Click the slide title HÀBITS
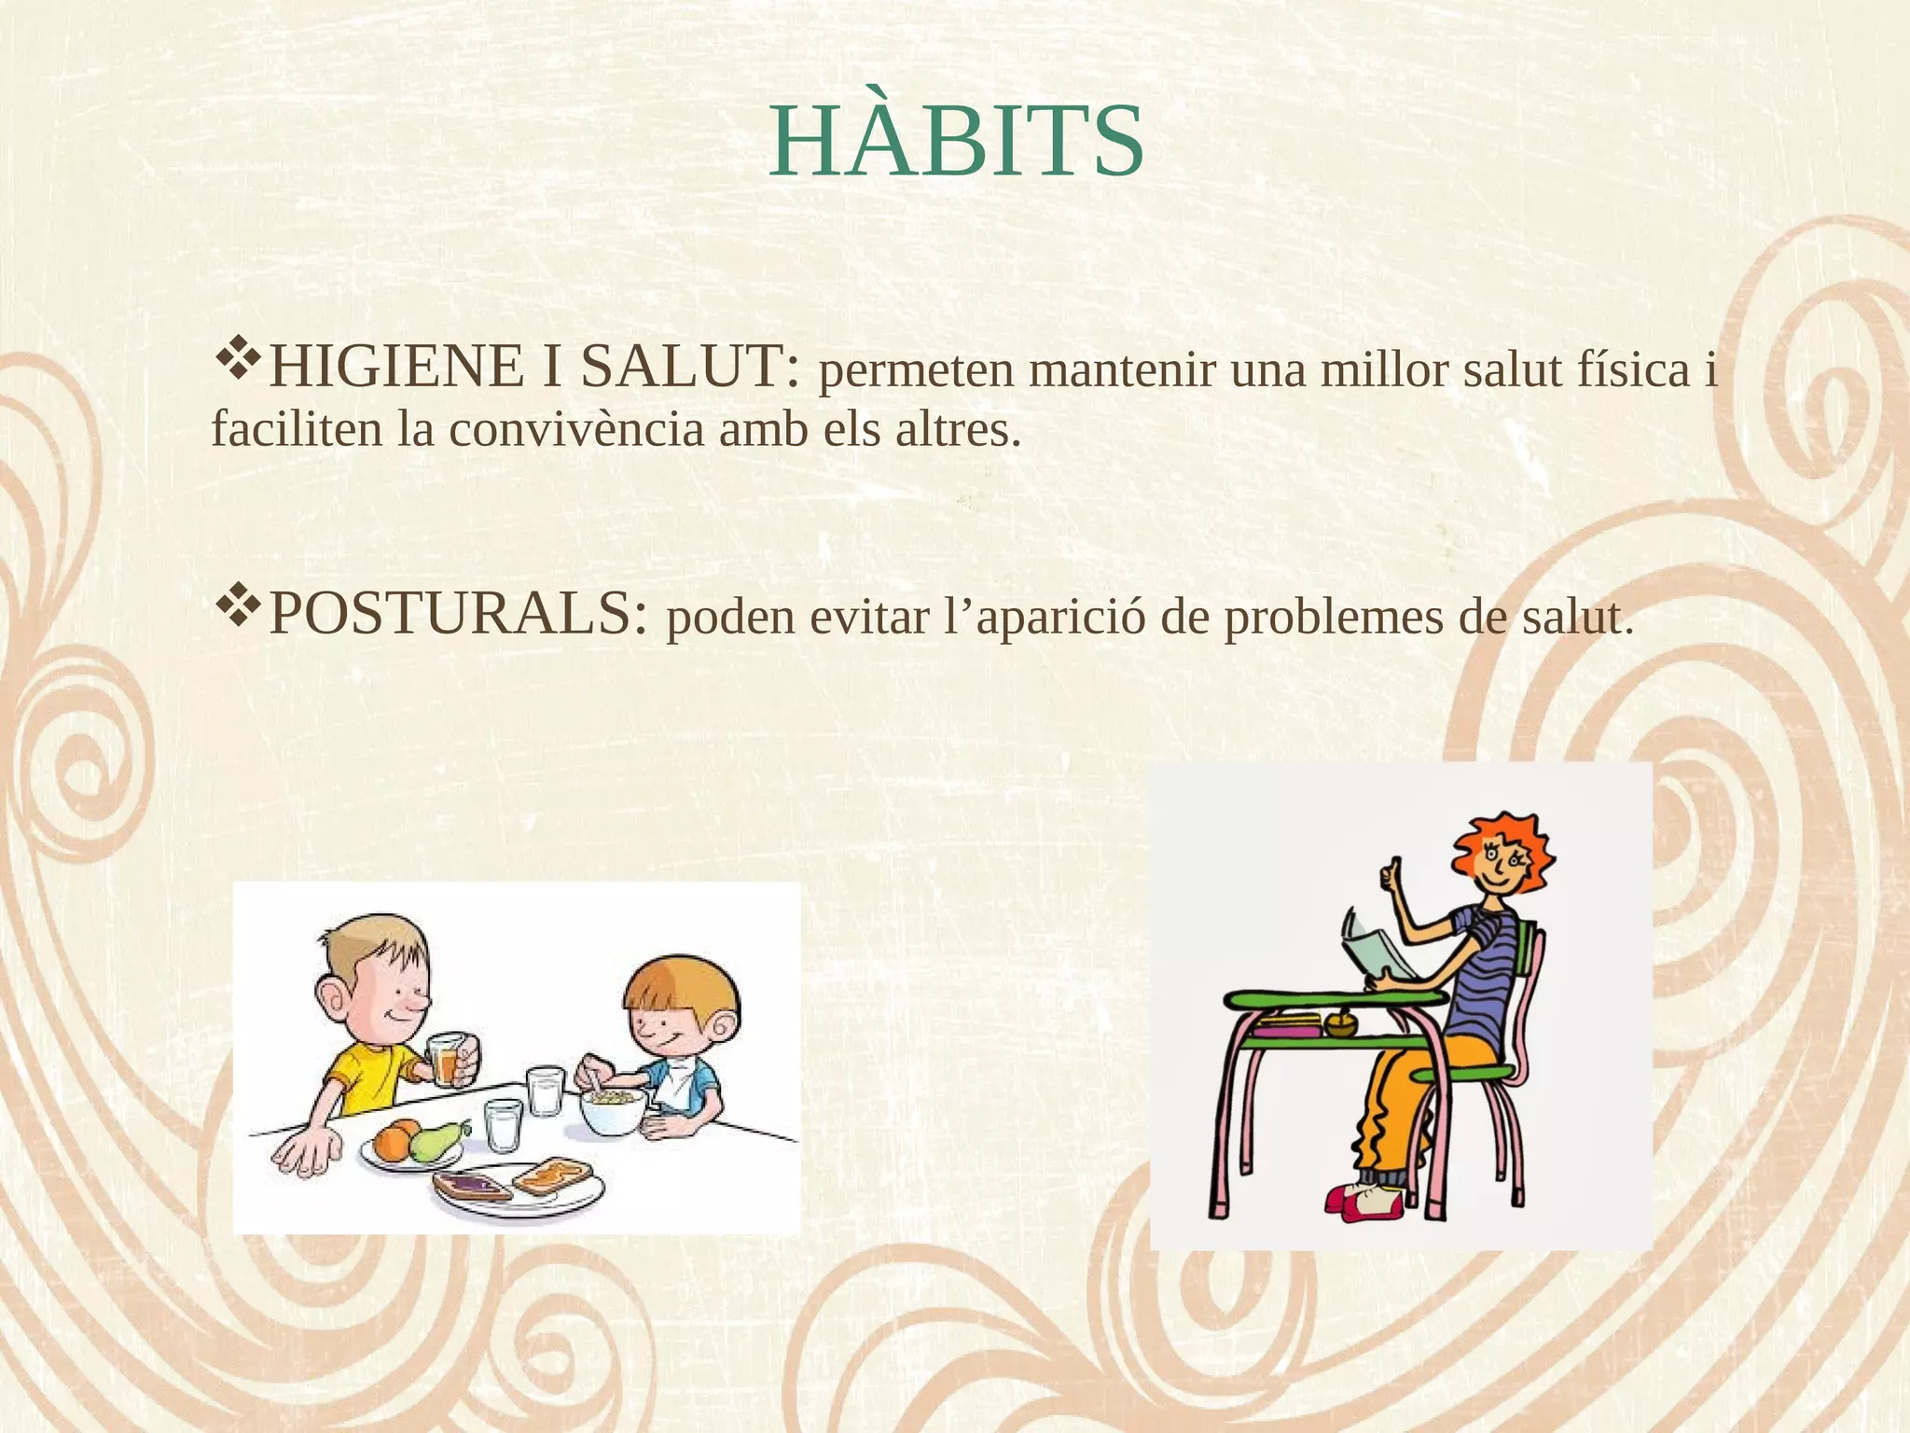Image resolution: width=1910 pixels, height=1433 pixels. [956, 143]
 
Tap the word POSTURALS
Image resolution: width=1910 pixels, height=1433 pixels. [457, 615]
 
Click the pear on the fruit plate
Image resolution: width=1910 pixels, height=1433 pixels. [435, 1140]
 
